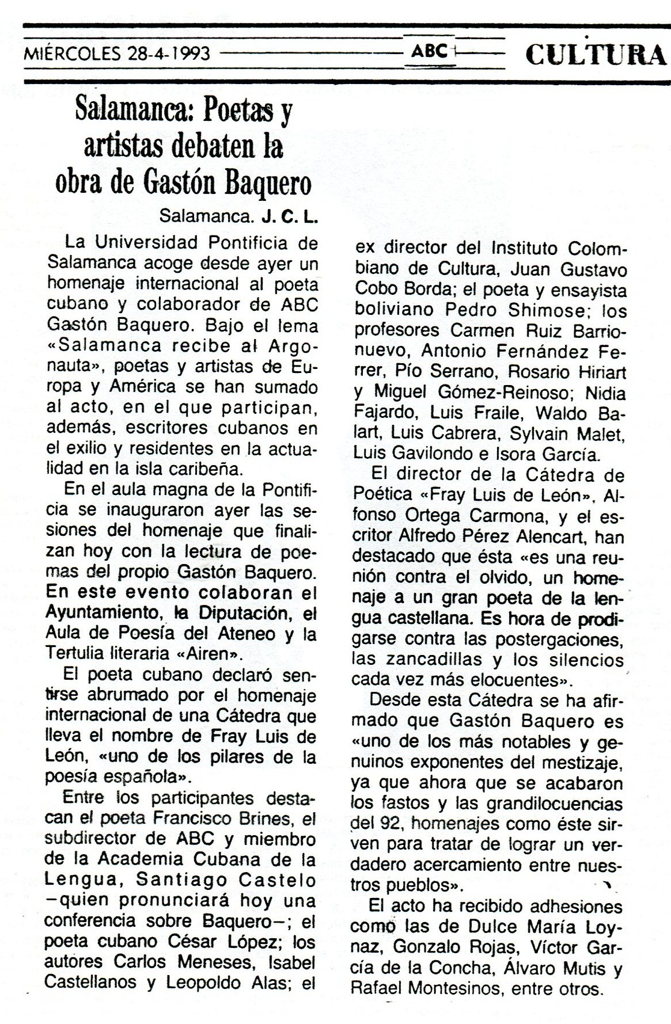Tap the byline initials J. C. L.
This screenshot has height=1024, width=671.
(x=290, y=216)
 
